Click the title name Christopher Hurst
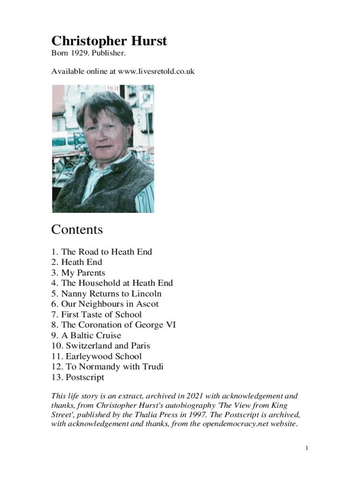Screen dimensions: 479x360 click(109, 41)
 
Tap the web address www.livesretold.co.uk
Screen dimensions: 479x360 click(156, 72)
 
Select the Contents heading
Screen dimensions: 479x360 click(77, 230)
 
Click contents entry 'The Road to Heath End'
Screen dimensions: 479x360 click(106, 252)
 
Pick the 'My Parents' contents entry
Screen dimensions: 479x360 click(83, 273)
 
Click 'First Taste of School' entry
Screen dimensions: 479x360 click(101, 314)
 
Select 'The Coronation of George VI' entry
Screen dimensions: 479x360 click(118, 325)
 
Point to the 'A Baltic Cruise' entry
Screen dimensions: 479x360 click(91, 335)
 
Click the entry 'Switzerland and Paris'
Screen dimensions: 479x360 click(108, 346)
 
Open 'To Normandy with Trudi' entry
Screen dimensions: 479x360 click(114, 367)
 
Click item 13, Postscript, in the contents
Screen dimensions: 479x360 click(85, 377)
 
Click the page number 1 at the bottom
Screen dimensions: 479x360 click(307, 449)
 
